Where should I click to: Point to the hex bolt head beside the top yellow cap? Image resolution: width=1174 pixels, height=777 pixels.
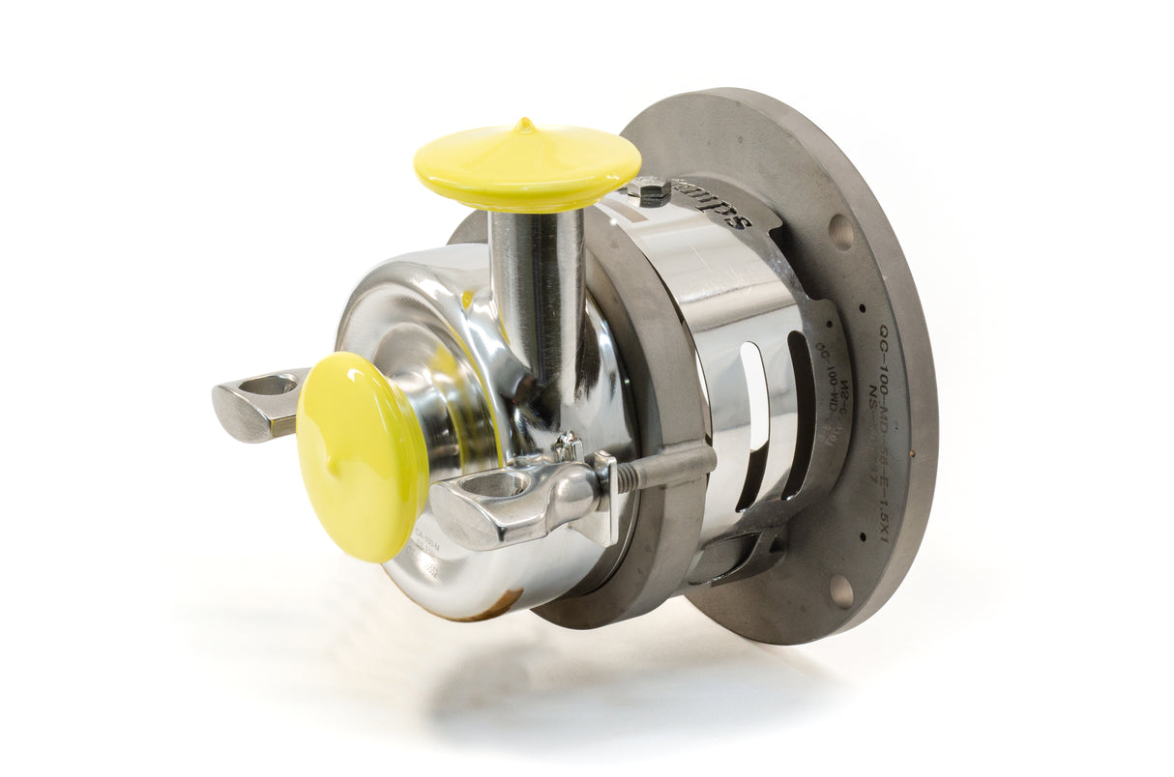coord(649,189)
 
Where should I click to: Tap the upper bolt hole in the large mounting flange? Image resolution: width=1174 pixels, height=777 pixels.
coord(840,232)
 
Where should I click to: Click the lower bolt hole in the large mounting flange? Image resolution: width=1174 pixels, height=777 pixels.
coord(840,590)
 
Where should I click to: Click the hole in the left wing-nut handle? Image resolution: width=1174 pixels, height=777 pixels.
coord(270,386)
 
